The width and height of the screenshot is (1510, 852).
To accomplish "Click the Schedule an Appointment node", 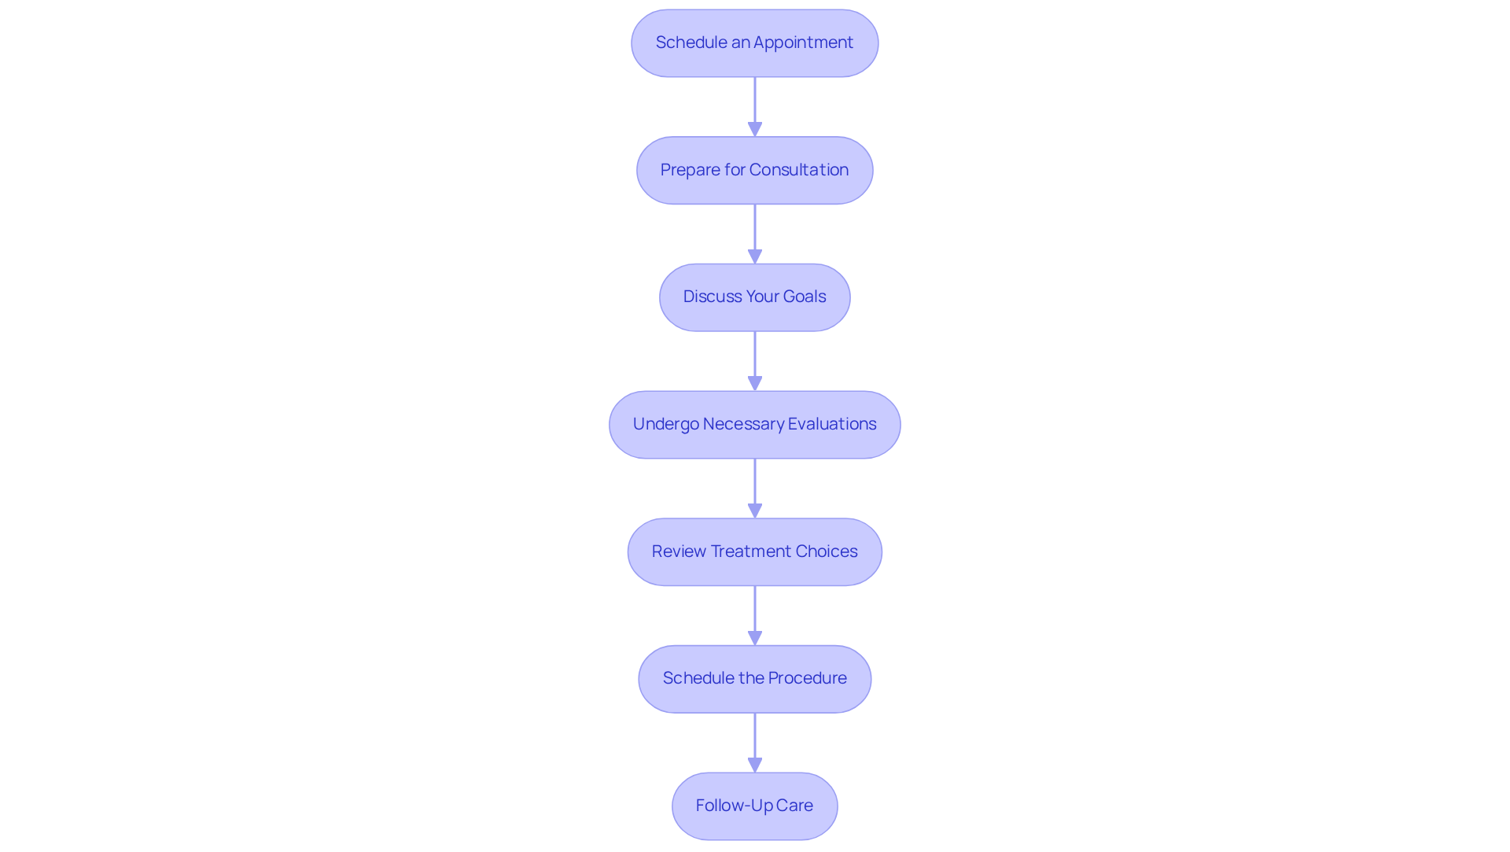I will (x=754, y=43).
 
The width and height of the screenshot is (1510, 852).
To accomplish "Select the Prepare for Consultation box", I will (x=754, y=171).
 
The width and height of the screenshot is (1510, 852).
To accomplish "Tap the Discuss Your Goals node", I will (x=754, y=297).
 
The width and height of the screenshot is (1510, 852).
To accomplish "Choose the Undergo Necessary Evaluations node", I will (x=754, y=425).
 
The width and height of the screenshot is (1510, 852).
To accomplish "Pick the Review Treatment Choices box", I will (x=754, y=551).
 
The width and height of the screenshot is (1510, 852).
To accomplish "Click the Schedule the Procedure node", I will (x=754, y=679).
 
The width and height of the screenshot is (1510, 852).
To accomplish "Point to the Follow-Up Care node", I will (x=754, y=806).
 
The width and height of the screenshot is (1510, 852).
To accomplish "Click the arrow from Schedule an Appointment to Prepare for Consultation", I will (x=755, y=106).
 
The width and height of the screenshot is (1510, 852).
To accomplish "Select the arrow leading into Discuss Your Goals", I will (x=755, y=234).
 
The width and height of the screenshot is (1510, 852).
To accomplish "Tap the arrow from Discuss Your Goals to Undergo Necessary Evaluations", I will (x=755, y=360).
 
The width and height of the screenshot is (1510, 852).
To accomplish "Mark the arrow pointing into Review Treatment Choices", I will (x=755, y=488).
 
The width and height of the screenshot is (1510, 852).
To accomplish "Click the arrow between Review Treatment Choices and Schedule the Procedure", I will (x=755, y=615).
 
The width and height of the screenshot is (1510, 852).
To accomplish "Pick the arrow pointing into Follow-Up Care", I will (x=755, y=742).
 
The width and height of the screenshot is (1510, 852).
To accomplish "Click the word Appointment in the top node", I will (x=803, y=42).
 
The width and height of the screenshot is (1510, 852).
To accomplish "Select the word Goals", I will (x=804, y=297).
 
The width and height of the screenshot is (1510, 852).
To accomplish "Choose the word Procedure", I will (x=807, y=678).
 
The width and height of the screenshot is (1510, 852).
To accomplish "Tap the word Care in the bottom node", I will (x=794, y=806).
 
